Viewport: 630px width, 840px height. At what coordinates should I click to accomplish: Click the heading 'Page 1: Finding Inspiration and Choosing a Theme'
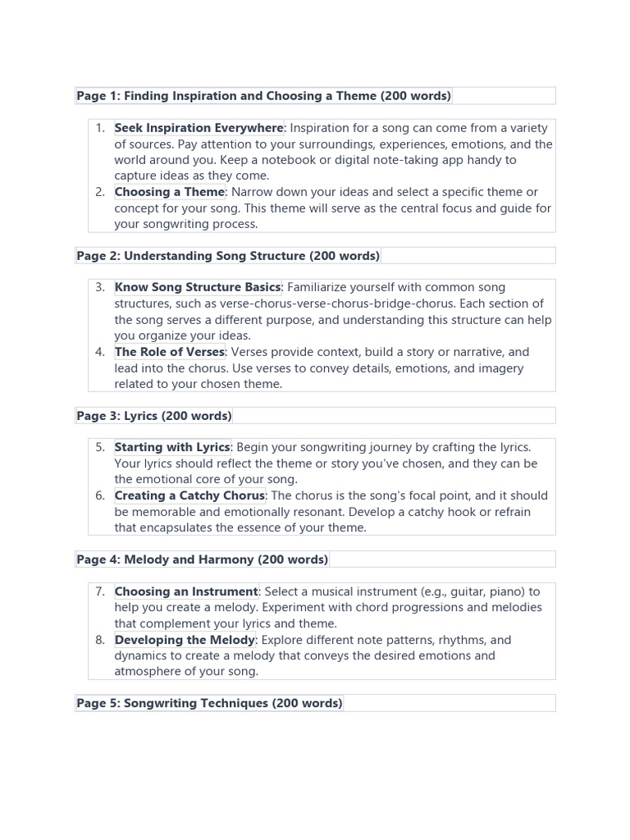pos(263,96)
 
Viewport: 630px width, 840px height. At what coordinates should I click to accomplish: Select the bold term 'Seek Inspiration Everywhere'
pos(199,128)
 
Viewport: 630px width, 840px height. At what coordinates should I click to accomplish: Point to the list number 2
pos(99,192)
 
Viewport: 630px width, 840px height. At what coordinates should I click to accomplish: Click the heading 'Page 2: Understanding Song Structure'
pos(228,256)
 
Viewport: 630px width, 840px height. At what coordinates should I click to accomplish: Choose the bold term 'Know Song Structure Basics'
pos(198,288)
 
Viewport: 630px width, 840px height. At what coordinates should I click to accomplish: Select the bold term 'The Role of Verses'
pos(169,352)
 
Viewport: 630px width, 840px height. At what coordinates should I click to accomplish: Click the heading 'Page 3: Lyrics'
pos(154,416)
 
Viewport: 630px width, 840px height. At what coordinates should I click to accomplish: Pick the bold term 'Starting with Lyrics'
pos(172,448)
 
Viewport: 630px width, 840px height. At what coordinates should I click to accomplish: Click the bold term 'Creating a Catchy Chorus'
pos(189,495)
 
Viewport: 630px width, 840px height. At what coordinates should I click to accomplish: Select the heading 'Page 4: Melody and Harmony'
pos(202,559)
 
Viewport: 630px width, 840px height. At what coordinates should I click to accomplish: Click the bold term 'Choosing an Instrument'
pos(186,591)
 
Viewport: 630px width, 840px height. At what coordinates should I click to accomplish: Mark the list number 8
pos(99,640)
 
